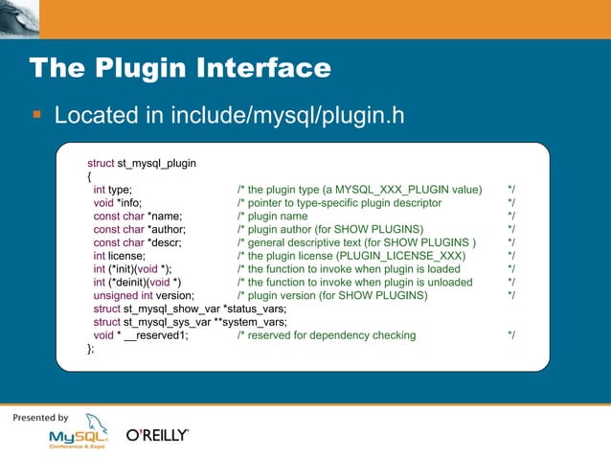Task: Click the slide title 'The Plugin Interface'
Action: [180, 69]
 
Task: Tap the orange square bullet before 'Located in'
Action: [37, 116]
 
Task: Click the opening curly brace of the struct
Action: [89, 176]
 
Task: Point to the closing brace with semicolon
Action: [91, 350]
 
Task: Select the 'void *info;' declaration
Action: [117, 203]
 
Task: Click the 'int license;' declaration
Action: [119, 256]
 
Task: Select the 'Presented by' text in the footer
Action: [40, 418]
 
